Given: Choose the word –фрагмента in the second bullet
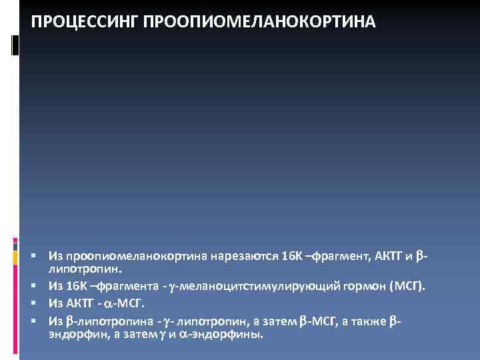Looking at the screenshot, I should [x=124, y=286].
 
